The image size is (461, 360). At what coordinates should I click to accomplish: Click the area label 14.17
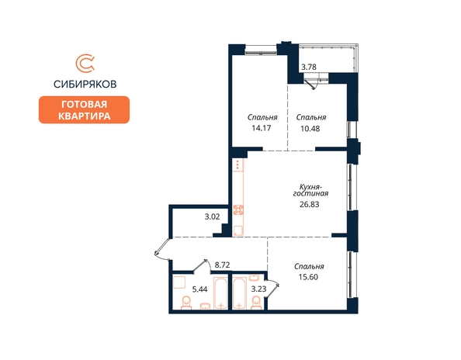tap(262, 128)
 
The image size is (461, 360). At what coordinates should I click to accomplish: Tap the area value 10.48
tap(310, 129)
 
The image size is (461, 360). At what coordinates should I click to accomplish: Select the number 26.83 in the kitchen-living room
tap(310, 204)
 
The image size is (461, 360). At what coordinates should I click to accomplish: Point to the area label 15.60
tap(308, 277)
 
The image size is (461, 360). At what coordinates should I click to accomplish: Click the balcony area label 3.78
tap(309, 67)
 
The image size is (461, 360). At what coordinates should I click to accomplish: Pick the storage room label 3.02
tap(213, 217)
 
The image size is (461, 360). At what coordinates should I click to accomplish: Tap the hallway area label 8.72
tap(222, 265)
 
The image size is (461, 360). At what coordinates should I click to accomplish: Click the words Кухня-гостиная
tap(310, 190)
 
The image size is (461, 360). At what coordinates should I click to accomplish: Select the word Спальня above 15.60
tap(309, 267)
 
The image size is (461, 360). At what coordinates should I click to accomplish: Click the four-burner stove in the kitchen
tap(238, 209)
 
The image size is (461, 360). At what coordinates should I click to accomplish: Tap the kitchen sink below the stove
tap(238, 230)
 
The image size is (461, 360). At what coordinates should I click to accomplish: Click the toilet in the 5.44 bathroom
tap(185, 303)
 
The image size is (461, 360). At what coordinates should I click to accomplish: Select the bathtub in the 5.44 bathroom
tap(220, 292)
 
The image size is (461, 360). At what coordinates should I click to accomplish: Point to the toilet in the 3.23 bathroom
tap(256, 303)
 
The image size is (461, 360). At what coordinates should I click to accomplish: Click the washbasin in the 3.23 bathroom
tap(254, 278)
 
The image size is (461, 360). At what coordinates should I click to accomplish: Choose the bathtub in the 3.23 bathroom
tap(239, 293)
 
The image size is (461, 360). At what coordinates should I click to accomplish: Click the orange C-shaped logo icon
tap(85, 63)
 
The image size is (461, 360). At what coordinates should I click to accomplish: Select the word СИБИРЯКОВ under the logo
tap(85, 85)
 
